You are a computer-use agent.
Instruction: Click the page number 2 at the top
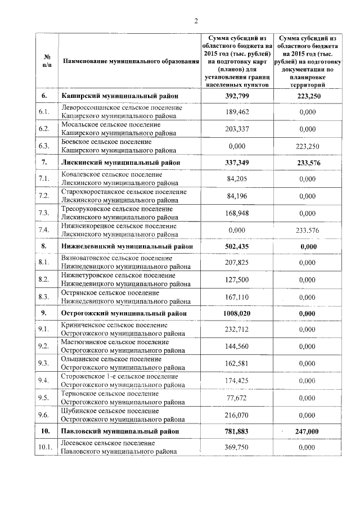196,21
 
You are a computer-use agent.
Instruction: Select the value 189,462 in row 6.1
237,112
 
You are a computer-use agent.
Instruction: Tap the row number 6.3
44,146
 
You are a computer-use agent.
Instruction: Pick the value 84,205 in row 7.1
237,179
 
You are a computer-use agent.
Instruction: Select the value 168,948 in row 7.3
237,213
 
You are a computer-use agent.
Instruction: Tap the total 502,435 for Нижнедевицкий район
237,246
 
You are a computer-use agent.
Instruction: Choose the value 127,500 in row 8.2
237,280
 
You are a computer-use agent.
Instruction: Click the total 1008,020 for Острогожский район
237,313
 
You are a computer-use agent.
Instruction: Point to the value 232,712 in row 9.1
237,330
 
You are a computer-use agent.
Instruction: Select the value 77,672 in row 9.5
237,398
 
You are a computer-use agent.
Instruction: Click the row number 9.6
44,415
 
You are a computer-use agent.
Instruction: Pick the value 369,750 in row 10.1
237,447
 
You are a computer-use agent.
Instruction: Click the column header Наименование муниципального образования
130,61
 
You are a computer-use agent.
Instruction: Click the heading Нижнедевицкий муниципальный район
127,246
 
